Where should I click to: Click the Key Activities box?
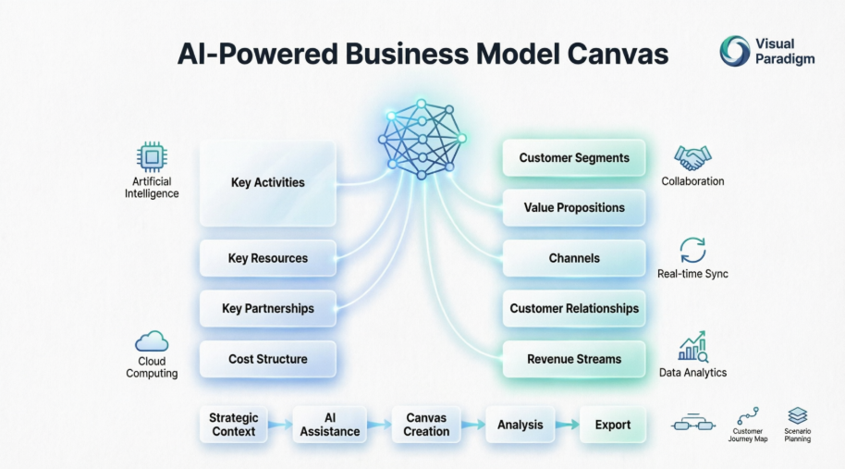pyautogui.click(x=267, y=183)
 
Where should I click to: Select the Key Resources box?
pyautogui.click(x=267, y=258)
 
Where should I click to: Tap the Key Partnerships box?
pyautogui.click(x=267, y=308)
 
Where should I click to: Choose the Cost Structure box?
pyautogui.click(x=267, y=359)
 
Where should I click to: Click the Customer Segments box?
pyautogui.click(x=573, y=158)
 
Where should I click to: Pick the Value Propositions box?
pyautogui.click(x=573, y=208)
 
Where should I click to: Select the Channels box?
pyautogui.click(x=573, y=258)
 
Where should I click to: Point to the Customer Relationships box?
pyautogui.click(x=573, y=308)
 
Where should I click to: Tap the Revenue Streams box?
pyautogui.click(x=573, y=359)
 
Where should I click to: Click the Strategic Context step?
pyautogui.click(x=233, y=425)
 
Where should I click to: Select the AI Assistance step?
pyautogui.click(x=330, y=425)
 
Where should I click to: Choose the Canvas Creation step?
pyautogui.click(x=426, y=425)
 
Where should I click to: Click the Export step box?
pyautogui.click(x=612, y=425)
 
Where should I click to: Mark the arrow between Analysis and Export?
pyautogui.click(x=567, y=426)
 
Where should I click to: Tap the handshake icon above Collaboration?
pyautogui.click(x=692, y=157)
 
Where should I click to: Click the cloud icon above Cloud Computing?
pyautogui.click(x=152, y=341)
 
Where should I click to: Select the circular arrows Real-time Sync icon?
pyautogui.click(x=692, y=251)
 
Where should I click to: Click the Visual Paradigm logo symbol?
pyautogui.click(x=735, y=51)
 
